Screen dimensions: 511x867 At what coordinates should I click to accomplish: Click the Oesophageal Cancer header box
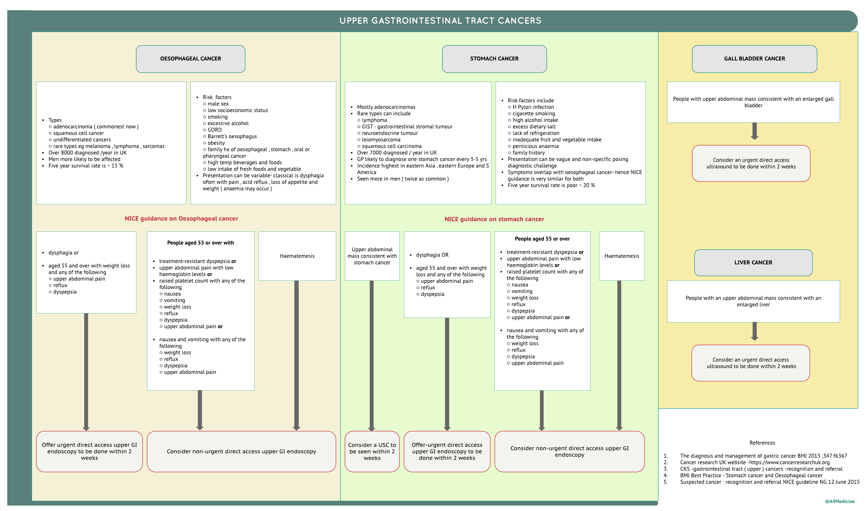click(190, 59)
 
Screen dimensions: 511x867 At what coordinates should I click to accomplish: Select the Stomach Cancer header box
click(494, 59)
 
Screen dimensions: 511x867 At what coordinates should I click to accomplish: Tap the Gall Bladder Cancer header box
click(754, 59)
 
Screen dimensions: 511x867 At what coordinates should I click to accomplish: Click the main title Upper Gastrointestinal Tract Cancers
click(440, 21)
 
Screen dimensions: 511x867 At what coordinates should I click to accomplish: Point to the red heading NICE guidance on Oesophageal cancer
click(181, 219)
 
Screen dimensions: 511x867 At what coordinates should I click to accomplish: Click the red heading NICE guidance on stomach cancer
click(494, 219)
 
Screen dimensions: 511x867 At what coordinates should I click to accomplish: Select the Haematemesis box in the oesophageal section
click(297, 256)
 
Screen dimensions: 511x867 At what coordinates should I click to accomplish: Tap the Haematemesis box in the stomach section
click(621, 256)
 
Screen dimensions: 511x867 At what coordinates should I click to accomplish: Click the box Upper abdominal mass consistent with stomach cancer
click(372, 256)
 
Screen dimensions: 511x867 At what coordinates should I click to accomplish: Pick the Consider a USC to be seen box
click(372, 451)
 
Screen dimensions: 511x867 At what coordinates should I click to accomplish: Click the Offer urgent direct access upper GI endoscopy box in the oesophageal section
click(89, 451)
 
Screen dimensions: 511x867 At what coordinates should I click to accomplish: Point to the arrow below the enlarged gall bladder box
click(754, 131)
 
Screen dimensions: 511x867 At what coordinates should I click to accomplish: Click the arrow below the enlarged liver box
click(754, 332)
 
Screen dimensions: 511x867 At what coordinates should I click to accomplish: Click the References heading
click(762, 443)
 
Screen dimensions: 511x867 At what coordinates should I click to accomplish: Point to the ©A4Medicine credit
click(840, 502)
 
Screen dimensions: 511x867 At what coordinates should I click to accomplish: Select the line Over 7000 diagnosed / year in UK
click(397, 153)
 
